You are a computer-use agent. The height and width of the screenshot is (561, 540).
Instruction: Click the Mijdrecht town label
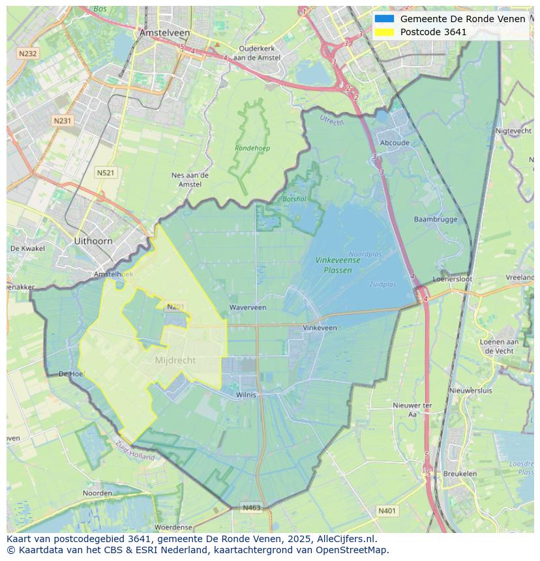175,360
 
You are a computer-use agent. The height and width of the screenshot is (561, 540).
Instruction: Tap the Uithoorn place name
93,240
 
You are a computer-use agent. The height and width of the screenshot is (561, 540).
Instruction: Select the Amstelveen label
164,33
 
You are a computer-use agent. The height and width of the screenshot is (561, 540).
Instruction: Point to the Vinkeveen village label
320,328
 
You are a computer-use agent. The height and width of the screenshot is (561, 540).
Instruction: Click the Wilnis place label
247,394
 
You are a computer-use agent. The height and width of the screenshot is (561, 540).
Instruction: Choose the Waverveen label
248,307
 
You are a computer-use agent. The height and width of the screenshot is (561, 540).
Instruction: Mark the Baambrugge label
436,220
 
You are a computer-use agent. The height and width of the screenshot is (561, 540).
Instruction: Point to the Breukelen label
460,474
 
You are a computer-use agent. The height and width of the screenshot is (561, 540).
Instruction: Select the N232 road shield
27,53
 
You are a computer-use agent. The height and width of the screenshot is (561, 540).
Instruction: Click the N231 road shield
63,121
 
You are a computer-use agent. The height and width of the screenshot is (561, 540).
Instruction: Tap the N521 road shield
105,172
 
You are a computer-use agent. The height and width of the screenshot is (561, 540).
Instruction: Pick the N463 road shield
252,508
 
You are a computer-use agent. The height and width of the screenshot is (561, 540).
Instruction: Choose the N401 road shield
387,511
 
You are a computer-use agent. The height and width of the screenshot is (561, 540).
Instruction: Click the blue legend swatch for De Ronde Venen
385,19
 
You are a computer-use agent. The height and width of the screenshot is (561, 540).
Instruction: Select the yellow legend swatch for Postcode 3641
385,32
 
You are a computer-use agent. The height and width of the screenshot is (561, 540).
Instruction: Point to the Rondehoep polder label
252,148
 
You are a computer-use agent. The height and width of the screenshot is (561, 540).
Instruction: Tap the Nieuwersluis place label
471,390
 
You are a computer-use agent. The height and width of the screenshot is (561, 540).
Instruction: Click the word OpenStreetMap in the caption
352,550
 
